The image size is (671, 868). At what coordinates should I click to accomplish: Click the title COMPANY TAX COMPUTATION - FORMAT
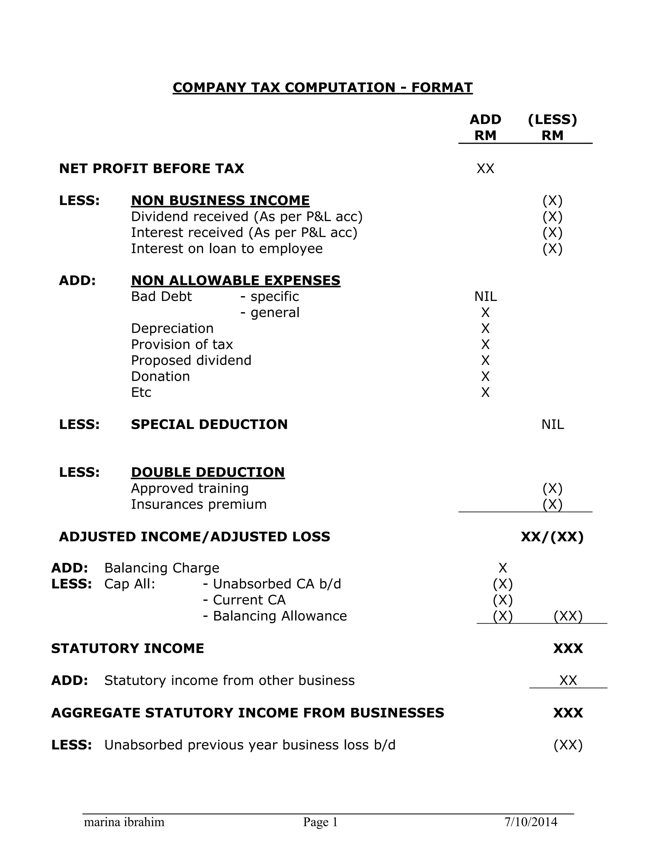click(322, 87)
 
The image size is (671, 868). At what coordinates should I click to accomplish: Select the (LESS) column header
click(552, 119)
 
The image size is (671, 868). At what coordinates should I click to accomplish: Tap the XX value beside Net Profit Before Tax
click(485, 168)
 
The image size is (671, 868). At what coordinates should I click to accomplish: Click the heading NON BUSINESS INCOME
click(220, 200)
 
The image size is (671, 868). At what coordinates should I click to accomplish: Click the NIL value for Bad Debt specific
click(485, 296)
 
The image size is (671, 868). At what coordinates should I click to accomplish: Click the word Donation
click(160, 376)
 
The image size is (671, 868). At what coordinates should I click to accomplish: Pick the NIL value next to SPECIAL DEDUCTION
click(552, 425)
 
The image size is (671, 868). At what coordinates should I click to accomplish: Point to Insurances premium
click(199, 504)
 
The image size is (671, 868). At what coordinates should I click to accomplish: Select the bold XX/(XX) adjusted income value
click(552, 537)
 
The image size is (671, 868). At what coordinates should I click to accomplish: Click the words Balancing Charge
click(162, 568)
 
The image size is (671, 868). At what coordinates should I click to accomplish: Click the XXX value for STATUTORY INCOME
click(568, 649)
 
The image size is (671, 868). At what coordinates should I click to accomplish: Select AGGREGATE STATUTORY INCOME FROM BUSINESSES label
click(247, 713)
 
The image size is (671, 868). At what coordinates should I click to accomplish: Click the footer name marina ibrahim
click(124, 822)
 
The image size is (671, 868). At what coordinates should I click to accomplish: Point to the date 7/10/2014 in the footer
click(531, 822)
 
